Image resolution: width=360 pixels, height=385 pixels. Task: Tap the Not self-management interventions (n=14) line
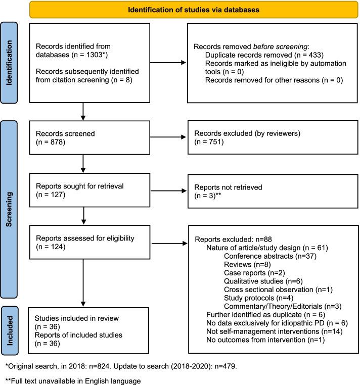(x=262, y=334)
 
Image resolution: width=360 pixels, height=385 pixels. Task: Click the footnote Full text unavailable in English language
(x=82, y=378)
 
